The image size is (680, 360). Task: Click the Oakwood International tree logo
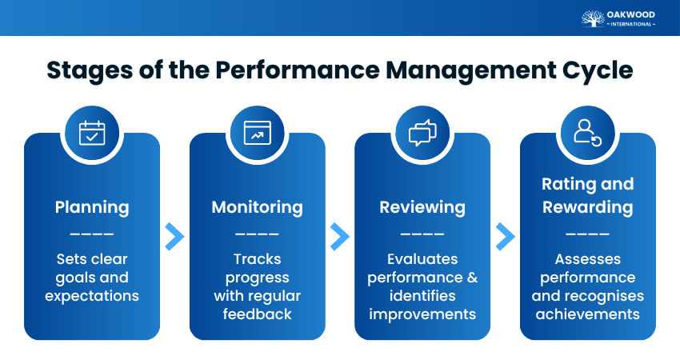click(594, 18)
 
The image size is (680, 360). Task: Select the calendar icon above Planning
click(92, 133)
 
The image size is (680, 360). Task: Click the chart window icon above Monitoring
click(257, 133)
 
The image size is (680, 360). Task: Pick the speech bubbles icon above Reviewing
click(422, 133)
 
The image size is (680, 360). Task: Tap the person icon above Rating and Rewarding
click(587, 133)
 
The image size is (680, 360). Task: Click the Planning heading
click(92, 207)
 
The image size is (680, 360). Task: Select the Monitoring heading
click(257, 207)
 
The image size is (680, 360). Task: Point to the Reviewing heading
click(422, 207)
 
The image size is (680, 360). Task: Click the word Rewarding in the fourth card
click(587, 207)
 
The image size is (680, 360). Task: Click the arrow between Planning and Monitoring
click(174, 236)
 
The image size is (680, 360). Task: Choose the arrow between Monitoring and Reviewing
click(340, 236)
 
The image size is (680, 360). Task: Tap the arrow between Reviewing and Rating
click(505, 236)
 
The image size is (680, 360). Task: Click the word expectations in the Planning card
click(92, 296)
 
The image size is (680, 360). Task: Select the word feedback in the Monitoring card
click(257, 314)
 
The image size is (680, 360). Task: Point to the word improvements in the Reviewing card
click(422, 314)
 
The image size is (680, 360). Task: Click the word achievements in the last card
click(587, 314)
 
